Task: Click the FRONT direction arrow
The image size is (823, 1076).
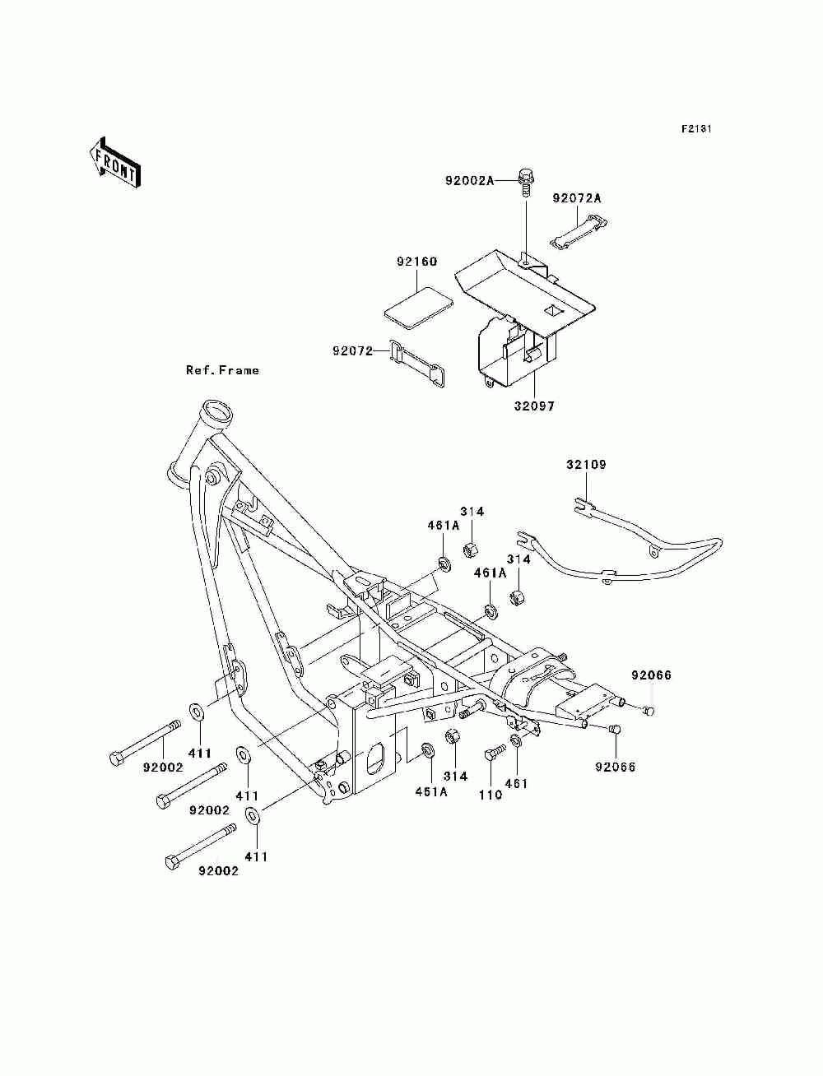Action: [x=115, y=163]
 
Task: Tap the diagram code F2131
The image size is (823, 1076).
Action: [x=696, y=129]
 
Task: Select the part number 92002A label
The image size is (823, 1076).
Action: [x=469, y=181]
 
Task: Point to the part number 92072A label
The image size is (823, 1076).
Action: [x=577, y=198]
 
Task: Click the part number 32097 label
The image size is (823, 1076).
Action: [x=534, y=406]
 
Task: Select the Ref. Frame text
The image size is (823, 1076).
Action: [x=222, y=370]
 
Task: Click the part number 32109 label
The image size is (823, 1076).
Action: [x=587, y=464]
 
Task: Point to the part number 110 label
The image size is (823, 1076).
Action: [x=491, y=795]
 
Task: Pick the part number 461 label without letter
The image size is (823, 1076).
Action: [x=517, y=784]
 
